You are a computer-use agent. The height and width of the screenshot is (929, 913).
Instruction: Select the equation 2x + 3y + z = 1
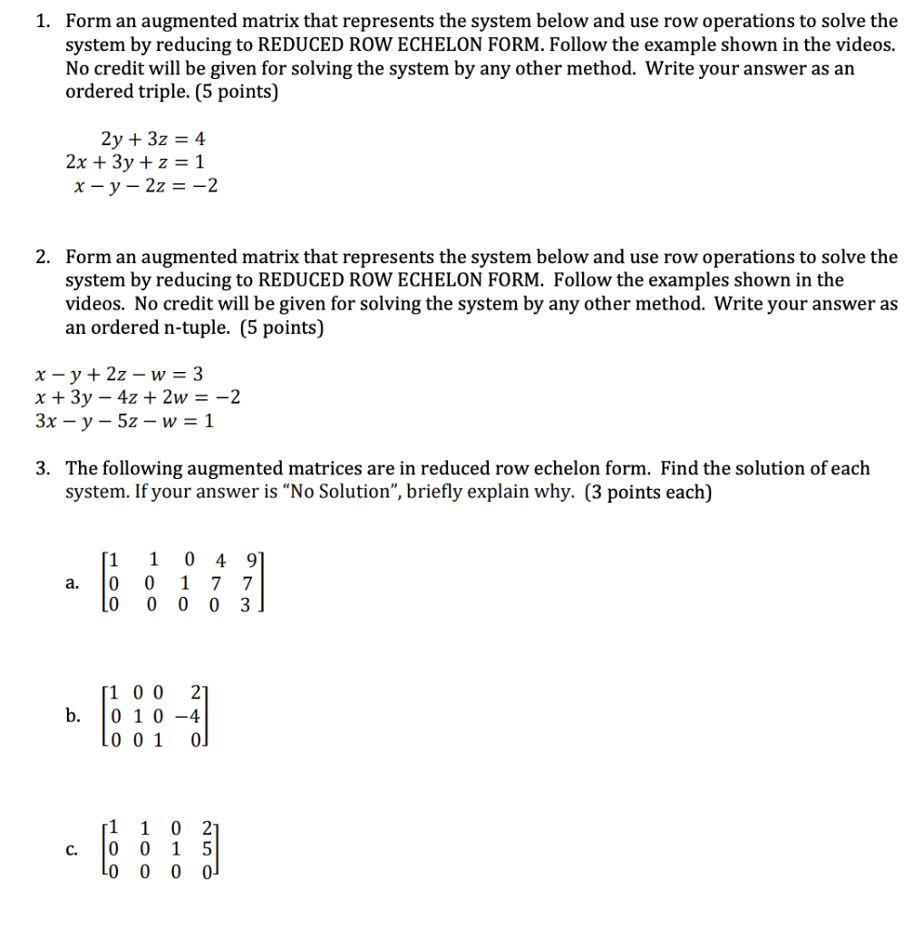(135, 162)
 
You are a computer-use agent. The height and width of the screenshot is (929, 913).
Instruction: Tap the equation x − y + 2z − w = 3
(119, 374)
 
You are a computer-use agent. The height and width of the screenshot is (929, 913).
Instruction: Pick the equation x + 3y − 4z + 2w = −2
(137, 397)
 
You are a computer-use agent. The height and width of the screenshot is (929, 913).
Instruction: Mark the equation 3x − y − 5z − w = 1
(124, 421)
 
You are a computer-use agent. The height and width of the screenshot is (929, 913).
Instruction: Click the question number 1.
(43, 21)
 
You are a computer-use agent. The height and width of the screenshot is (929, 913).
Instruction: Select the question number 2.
(43, 257)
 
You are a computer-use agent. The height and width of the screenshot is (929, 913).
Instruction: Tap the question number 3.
(43, 469)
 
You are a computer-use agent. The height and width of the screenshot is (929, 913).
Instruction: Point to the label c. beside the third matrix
(72, 850)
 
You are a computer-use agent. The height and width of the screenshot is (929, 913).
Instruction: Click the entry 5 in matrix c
(209, 850)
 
